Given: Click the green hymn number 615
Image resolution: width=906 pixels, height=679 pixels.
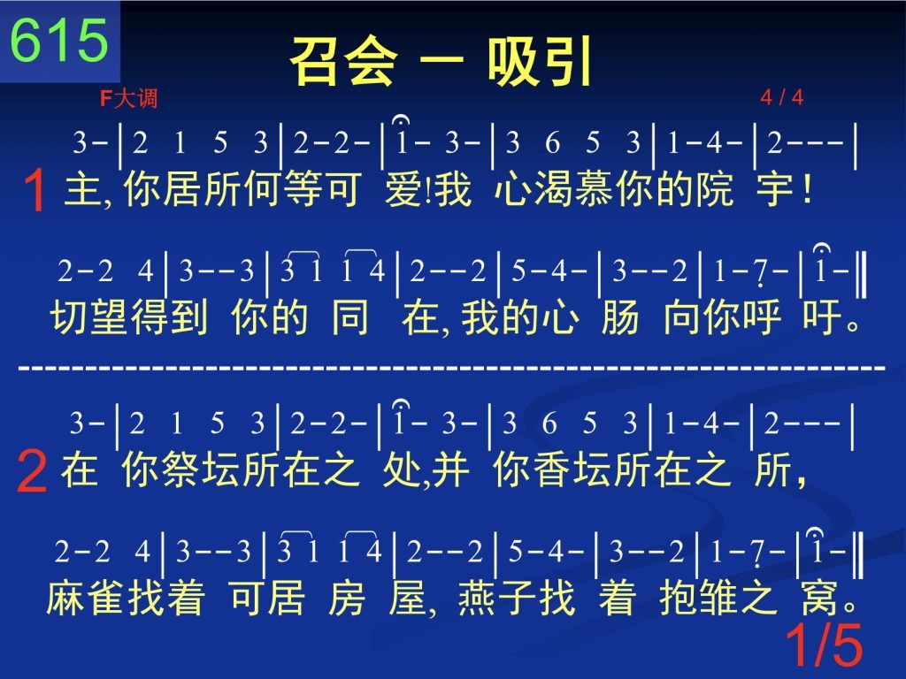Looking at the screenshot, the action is (59, 40).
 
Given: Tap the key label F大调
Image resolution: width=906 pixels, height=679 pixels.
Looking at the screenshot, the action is (128, 98).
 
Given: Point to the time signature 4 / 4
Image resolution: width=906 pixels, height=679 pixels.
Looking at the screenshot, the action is (782, 97).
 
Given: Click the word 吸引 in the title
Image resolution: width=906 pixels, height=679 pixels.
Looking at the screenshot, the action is (540, 61).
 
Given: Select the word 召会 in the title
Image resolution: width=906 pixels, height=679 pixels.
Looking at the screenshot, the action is (344, 61).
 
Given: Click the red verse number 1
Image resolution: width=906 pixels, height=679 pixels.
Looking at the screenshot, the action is (35, 190).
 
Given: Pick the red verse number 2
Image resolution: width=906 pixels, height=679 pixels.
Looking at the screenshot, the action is (32, 471).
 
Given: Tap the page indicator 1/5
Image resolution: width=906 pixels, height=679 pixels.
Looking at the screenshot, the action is (824, 645).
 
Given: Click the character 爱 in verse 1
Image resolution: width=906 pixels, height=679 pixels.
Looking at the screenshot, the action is (403, 189).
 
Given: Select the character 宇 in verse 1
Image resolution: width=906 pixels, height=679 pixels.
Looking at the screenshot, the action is (775, 189).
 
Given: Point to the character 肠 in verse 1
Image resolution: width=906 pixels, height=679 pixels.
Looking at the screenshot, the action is (620, 317).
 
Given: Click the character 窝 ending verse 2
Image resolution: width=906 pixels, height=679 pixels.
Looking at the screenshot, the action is (820, 598).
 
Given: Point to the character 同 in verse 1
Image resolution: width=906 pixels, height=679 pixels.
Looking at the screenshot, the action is (350, 317).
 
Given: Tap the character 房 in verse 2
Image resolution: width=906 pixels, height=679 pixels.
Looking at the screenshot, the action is (347, 598).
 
